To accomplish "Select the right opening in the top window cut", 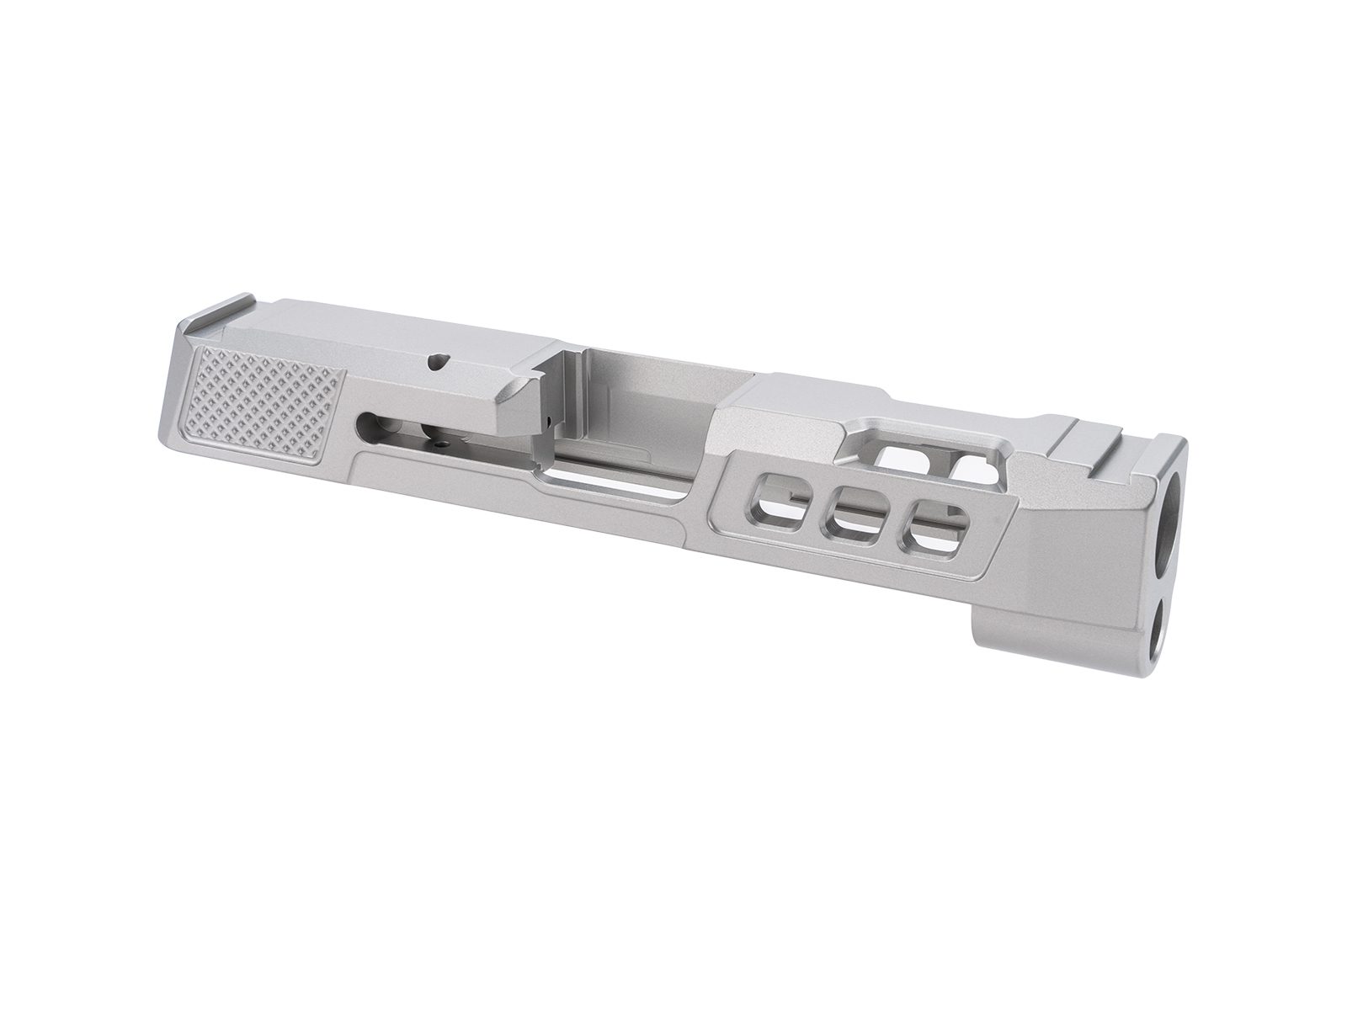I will pos(975,465).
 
